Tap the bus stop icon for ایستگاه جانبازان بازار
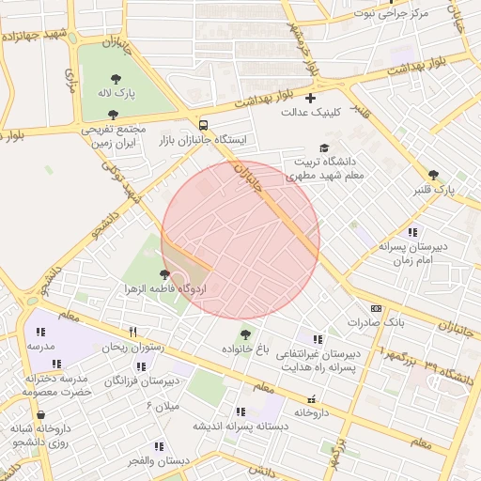(x=204, y=125)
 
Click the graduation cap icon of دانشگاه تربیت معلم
(x=324, y=148)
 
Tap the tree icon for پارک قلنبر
(x=433, y=175)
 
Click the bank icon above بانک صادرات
(x=377, y=308)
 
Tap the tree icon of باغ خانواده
(x=246, y=334)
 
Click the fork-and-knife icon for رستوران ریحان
(x=132, y=332)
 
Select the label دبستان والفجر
(x=159, y=460)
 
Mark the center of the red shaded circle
(x=240, y=240)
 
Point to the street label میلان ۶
(x=162, y=405)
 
